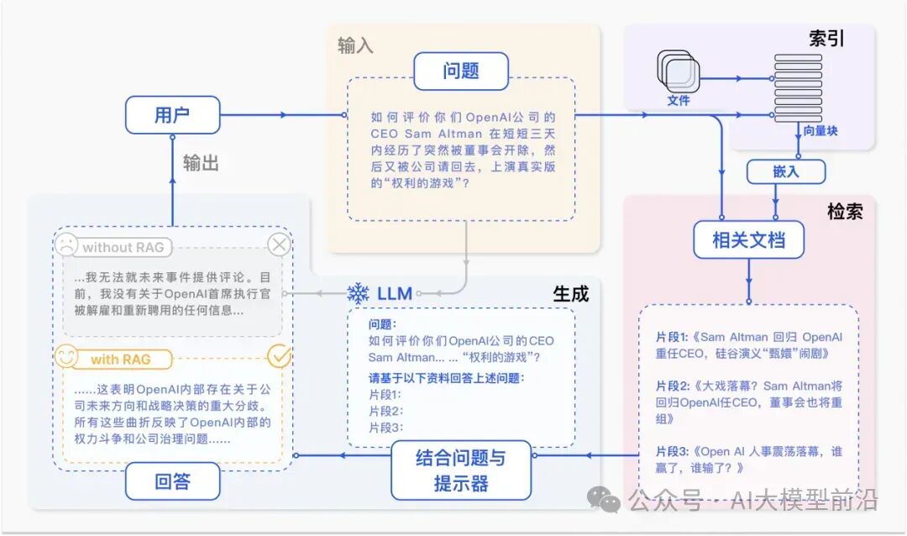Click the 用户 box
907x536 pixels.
click(172, 115)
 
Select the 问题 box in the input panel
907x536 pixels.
click(460, 71)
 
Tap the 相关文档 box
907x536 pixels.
click(748, 240)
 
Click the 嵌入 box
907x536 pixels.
click(785, 172)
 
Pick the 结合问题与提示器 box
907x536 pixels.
click(461, 470)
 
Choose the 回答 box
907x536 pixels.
click(172, 481)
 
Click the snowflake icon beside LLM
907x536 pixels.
click(359, 293)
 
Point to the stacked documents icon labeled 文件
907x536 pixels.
click(677, 72)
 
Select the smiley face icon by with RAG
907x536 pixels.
click(66, 357)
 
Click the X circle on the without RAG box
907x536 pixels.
click(279, 245)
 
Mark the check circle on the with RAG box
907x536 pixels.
click(279, 357)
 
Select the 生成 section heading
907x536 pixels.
click(570, 293)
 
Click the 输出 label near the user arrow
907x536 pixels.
click(201, 163)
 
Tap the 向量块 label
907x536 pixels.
click(820, 131)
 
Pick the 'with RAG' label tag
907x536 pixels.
click(120, 360)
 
